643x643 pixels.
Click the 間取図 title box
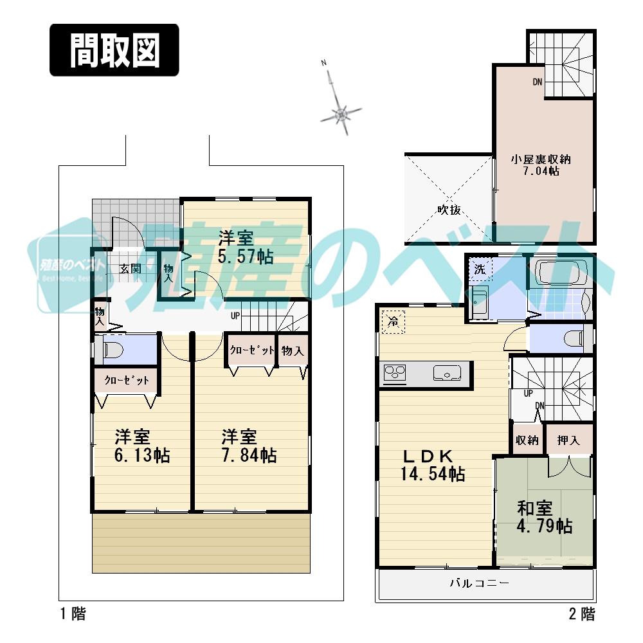pos(114,50)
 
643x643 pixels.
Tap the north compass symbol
pos(341,114)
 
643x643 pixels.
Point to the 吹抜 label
pos(449,210)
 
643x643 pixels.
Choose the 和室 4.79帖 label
pos(544,517)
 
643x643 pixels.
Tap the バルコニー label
pos(479,584)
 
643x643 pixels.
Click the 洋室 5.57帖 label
pos(245,247)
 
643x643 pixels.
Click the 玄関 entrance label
pos(131,268)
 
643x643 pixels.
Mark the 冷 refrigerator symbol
pos(392,322)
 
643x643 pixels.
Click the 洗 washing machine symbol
pos(480,269)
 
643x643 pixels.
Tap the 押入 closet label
pos(568,440)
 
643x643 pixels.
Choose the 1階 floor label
pos(73,614)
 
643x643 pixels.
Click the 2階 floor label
pos(581,614)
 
